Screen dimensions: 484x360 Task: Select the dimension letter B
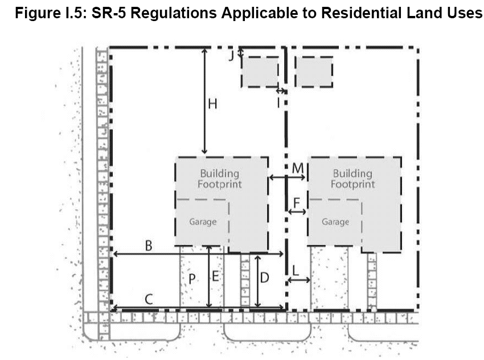tap(148, 246)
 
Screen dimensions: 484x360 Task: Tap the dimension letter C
tap(147, 299)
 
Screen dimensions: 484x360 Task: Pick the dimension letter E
tap(216, 277)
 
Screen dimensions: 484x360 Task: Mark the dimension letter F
tap(297, 202)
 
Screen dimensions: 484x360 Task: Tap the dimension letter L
tap(296, 269)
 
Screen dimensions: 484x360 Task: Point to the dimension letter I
tap(278, 103)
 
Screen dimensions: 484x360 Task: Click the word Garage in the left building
tap(203, 222)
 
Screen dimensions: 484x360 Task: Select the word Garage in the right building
tap(335, 222)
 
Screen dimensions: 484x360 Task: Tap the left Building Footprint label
tap(220, 178)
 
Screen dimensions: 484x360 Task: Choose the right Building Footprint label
tap(353, 178)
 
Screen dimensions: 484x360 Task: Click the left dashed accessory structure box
tap(260, 71)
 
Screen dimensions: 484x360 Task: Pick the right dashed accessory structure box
tap(313, 71)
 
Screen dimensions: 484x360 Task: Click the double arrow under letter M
tap(288, 178)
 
